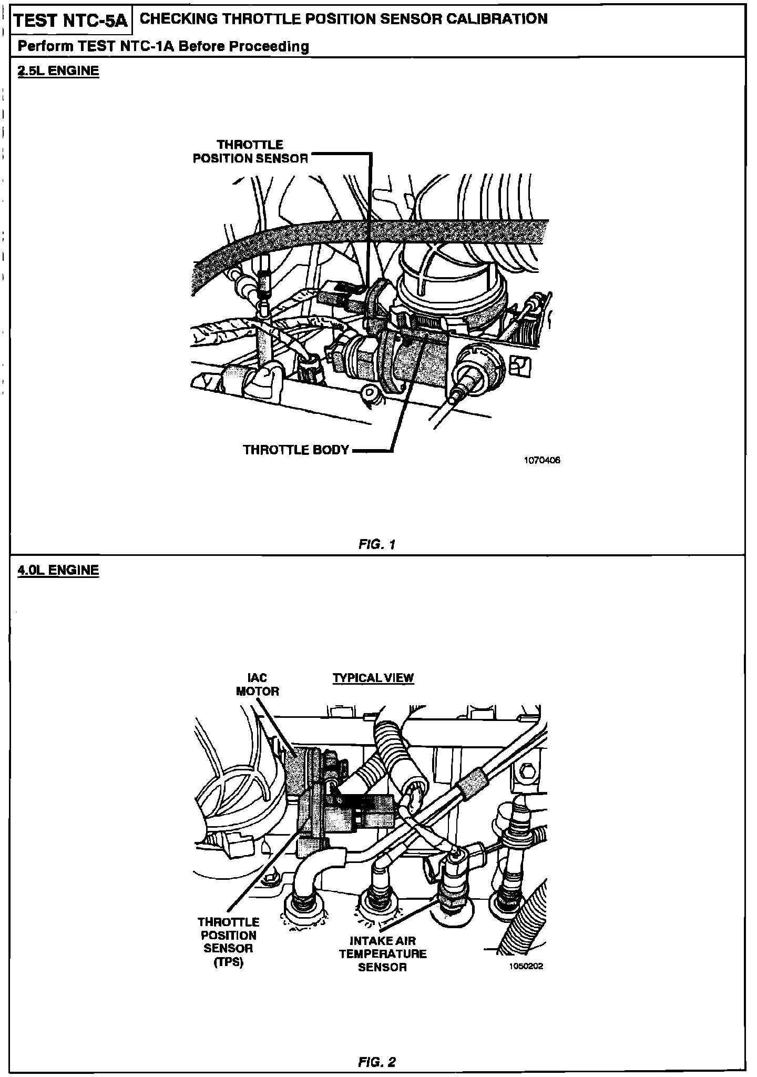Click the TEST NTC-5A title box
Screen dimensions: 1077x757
point(70,21)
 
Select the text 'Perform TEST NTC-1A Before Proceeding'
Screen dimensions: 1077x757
point(163,46)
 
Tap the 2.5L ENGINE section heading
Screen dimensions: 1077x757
point(58,70)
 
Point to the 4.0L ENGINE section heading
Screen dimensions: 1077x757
point(58,570)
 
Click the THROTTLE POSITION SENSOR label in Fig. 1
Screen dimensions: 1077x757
point(250,151)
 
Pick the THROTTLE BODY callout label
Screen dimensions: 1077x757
point(296,450)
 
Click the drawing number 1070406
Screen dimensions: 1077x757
point(542,460)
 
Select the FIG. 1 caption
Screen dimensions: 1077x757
point(376,544)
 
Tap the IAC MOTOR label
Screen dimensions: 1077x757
point(257,685)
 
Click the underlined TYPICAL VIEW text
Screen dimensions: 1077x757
point(373,678)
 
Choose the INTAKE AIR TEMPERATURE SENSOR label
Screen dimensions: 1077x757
point(383,953)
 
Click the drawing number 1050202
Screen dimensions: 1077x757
point(525,967)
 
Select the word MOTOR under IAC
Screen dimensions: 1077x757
point(257,692)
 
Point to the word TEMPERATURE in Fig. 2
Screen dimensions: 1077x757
point(383,953)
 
